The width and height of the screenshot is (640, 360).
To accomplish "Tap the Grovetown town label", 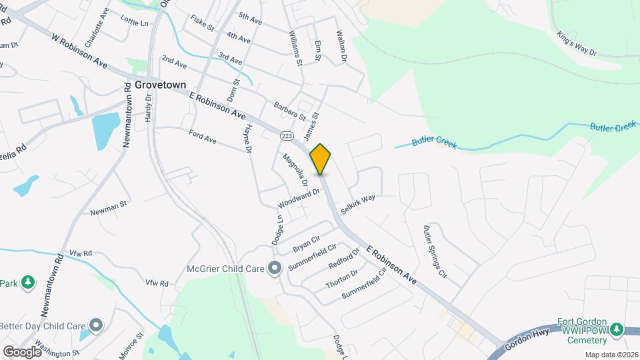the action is [x=159, y=85].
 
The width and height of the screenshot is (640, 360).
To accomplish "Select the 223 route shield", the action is [x=287, y=135].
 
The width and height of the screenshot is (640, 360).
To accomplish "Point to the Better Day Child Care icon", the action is [x=97, y=325].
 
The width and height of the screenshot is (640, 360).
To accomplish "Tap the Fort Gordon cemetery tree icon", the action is [x=617, y=329].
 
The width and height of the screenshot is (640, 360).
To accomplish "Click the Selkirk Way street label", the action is [x=358, y=203].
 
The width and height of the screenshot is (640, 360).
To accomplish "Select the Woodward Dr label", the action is [x=299, y=197].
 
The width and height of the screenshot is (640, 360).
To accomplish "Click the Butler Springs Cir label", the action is [x=435, y=251].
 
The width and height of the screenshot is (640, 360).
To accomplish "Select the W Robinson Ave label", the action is [x=79, y=51].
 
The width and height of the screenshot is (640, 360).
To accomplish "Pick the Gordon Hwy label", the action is [x=527, y=341].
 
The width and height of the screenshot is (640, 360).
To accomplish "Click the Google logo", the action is [x=22, y=351].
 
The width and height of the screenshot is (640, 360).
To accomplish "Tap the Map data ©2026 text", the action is [x=611, y=355].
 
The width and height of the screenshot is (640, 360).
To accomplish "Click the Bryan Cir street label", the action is [x=307, y=244].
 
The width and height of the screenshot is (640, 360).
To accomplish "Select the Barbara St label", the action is [x=289, y=111].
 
